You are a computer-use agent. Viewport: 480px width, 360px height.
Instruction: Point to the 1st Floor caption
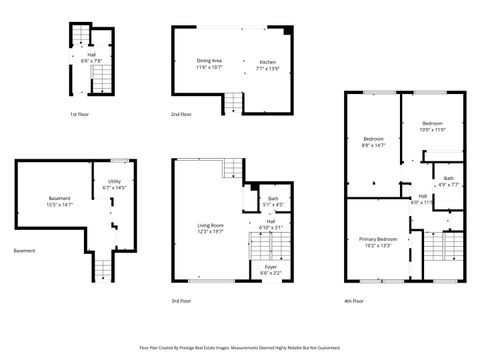click(81, 115)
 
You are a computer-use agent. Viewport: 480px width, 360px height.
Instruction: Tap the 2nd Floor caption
click(181, 115)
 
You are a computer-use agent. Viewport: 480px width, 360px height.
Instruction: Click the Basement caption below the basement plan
click(24, 250)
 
